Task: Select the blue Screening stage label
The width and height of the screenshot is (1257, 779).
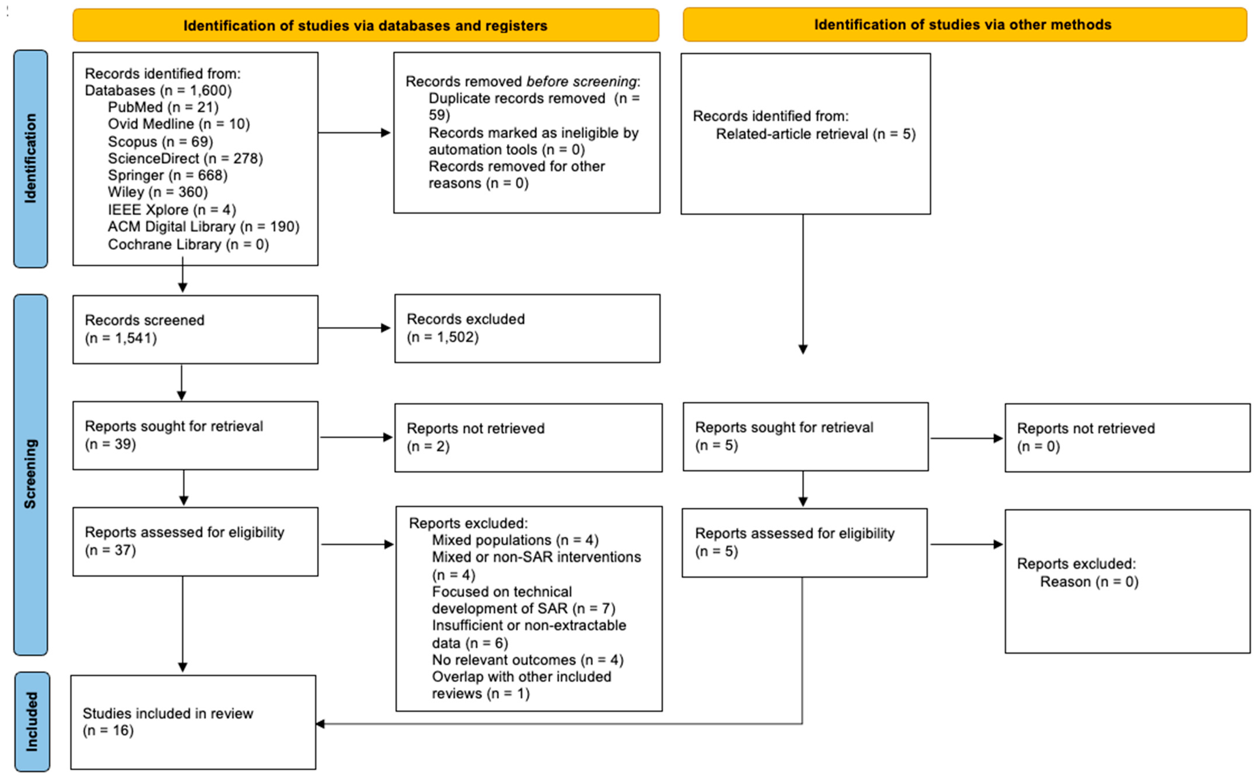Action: click(30, 474)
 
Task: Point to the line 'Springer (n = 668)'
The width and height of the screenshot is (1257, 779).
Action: click(167, 175)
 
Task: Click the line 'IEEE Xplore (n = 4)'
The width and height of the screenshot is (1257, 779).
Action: click(172, 210)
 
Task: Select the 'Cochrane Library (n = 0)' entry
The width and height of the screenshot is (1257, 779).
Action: click(188, 244)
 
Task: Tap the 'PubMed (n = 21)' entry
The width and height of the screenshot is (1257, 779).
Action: click(163, 107)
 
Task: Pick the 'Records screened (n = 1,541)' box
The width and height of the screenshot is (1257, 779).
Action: click(195, 329)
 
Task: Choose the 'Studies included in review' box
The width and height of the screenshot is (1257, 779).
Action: click(193, 722)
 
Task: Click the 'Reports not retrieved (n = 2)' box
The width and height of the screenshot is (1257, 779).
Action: click(528, 437)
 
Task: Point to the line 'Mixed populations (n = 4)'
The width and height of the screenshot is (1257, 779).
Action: click(515, 540)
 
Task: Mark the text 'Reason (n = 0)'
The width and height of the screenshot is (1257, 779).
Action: click(1089, 582)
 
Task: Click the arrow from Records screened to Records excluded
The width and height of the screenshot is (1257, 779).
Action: click(354, 328)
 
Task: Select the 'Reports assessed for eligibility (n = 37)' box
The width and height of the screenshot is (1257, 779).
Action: click(195, 541)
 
